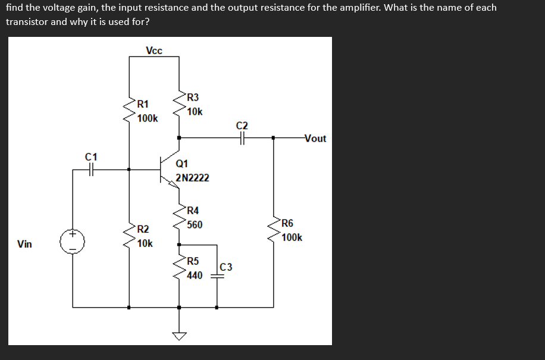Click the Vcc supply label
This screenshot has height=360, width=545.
pos(154,51)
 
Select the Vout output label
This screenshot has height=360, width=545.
pos(315,139)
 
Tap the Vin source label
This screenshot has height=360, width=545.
pos(25,244)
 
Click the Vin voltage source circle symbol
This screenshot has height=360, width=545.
pos(73,242)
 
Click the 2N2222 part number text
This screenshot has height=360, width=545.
pos(192,178)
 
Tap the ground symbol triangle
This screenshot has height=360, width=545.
pos(180,337)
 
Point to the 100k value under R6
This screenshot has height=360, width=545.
pos(292,237)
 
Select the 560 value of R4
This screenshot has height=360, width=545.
pos(195,224)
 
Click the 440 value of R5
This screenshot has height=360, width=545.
pos(195,276)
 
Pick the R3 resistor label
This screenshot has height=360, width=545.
pos(193,98)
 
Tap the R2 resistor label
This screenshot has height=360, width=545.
pos(143,229)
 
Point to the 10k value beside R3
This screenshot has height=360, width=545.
pos(195,112)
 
